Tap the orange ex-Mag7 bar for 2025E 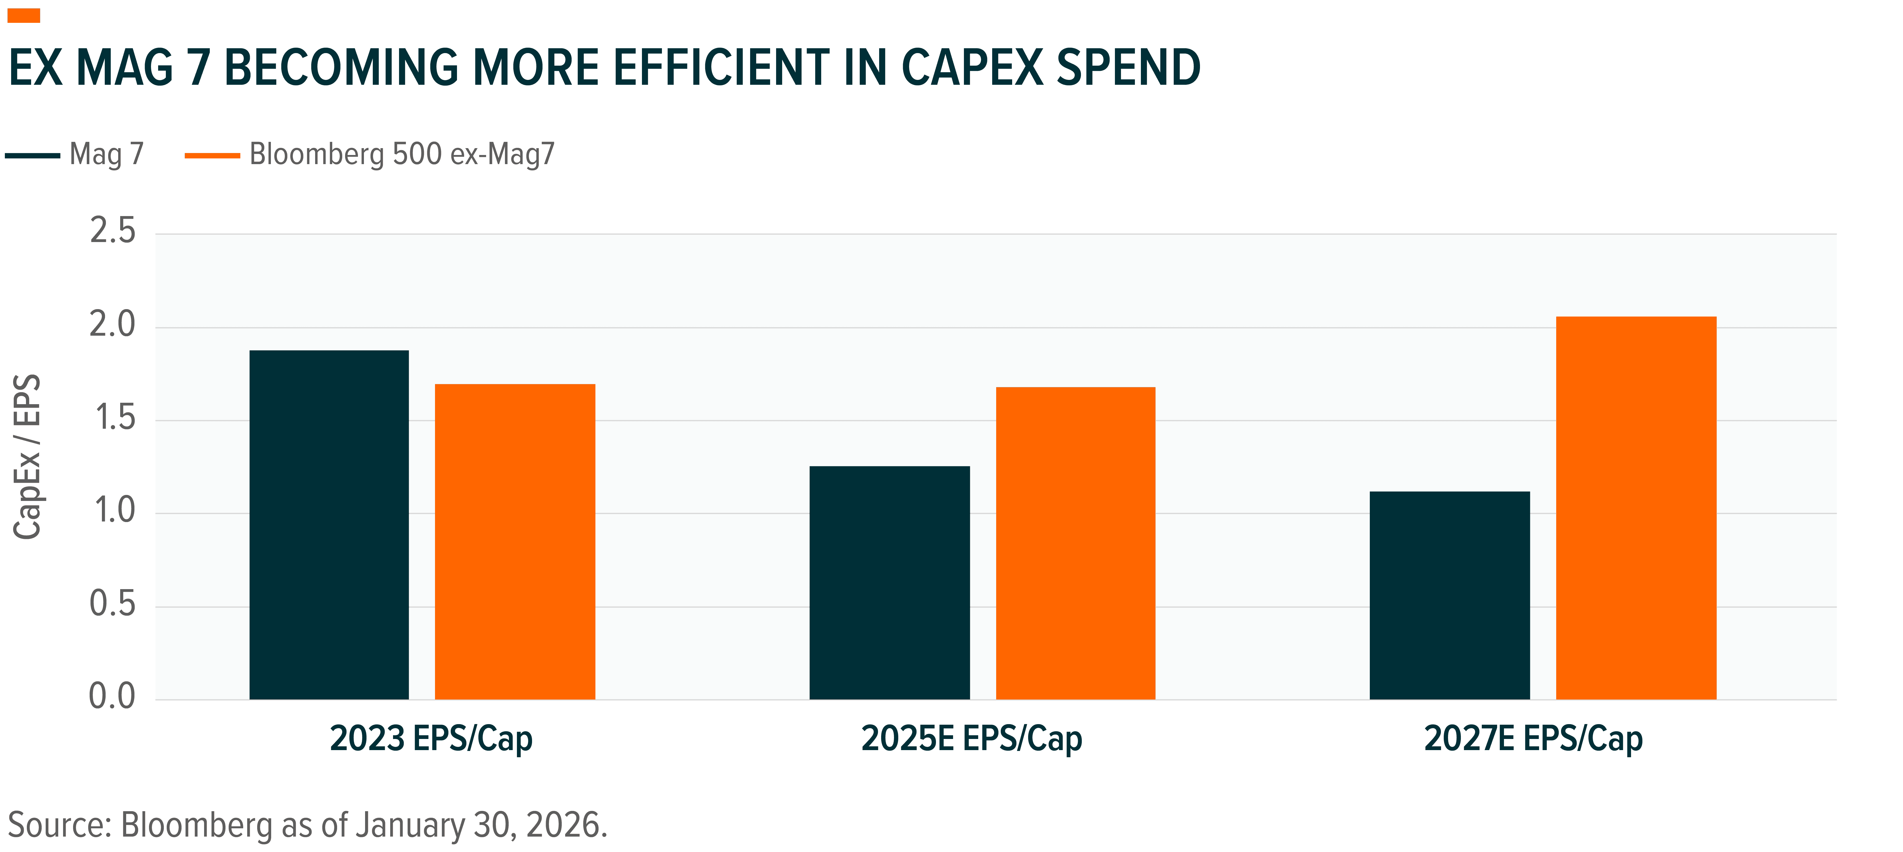(x=1076, y=543)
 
